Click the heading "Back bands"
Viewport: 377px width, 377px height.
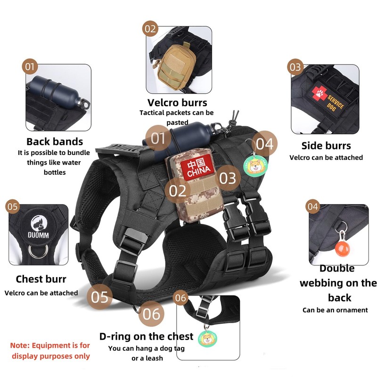tap(55, 141)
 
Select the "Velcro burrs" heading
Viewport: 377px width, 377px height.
tap(177, 103)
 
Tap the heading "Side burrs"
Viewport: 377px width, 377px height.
tap(326, 146)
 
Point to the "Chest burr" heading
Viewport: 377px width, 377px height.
tap(41, 279)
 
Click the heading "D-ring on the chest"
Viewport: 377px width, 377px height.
tap(146, 336)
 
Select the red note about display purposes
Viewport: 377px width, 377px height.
tap(50, 351)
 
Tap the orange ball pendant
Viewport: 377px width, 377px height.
tap(341, 248)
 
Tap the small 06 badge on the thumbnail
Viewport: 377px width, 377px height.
tap(181, 298)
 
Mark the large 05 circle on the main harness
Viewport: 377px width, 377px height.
tap(100, 297)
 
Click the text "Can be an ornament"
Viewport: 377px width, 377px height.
tap(335, 310)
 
